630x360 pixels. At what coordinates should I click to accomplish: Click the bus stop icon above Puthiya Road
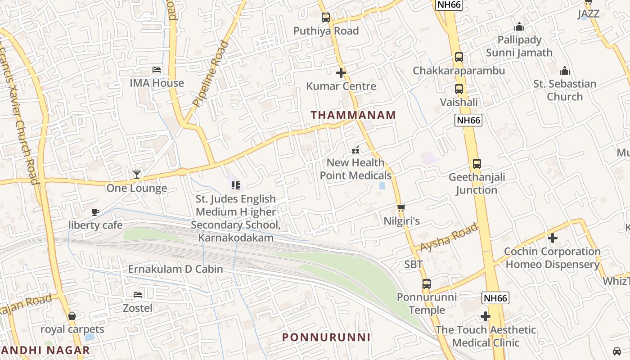[326, 18]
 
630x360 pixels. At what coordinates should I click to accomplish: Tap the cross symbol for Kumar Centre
[341, 72]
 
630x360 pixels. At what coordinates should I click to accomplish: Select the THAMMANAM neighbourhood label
[353, 115]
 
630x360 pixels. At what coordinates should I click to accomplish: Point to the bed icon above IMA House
[157, 70]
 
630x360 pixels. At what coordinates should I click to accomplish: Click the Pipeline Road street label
[211, 74]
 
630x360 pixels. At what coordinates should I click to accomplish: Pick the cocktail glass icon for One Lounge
[137, 175]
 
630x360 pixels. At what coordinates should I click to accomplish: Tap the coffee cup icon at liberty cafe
[95, 212]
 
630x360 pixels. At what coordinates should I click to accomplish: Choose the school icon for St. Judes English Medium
[236, 185]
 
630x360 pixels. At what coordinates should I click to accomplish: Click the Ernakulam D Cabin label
[175, 269]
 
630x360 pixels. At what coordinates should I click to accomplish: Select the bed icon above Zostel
[138, 295]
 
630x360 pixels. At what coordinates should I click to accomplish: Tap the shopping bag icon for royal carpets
[72, 316]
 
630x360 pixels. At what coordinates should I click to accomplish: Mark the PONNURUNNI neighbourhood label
[326, 337]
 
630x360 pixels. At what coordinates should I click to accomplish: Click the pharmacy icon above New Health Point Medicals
[355, 150]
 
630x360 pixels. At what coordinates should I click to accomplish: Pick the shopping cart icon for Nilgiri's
[401, 207]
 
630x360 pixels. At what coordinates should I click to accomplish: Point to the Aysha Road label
[449, 237]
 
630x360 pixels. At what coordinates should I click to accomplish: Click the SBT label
[413, 264]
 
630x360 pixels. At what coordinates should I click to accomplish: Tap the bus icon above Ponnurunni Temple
[427, 284]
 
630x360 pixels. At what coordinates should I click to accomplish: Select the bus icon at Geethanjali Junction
[477, 164]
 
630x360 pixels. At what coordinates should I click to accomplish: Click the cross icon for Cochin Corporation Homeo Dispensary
[553, 238]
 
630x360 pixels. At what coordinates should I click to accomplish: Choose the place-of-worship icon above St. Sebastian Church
[565, 71]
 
